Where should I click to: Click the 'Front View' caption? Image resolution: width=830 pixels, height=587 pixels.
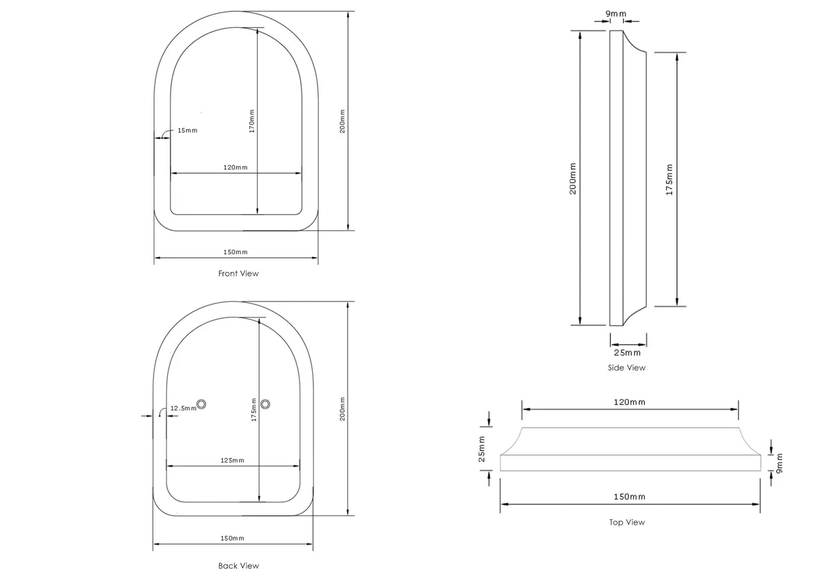(x=238, y=273)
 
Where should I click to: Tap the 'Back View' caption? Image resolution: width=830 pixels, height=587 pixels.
(x=238, y=566)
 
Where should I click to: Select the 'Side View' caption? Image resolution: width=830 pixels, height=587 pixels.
(x=627, y=368)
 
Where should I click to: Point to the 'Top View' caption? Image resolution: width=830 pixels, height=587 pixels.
(x=627, y=522)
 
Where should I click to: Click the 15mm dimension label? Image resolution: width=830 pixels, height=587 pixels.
(x=187, y=130)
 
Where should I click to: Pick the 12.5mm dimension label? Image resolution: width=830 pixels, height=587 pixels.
(x=183, y=409)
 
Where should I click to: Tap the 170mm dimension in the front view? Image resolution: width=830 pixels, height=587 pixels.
(x=252, y=121)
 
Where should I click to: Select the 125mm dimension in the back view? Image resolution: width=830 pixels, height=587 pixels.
(x=232, y=460)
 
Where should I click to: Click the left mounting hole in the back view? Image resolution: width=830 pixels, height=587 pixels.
(x=202, y=404)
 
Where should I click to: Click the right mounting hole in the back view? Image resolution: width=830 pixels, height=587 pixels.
(x=266, y=404)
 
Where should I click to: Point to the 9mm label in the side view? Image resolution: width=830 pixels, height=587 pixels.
(x=615, y=14)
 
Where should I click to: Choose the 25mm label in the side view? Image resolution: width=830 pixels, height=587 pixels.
(x=627, y=353)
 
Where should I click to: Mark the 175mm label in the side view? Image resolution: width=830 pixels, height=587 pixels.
(x=669, y=180)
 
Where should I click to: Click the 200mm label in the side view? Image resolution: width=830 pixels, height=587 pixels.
(x=573, y=178)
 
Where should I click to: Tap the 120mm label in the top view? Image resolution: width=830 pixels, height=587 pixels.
(x=629, y=402)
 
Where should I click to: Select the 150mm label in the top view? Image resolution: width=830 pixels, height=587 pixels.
(x=629, y=496)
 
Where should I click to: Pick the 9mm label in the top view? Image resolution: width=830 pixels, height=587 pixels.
(x=780, y=462)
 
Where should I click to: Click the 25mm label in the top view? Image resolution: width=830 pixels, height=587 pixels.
(x=481, y=449)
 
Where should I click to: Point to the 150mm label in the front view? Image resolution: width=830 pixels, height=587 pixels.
(x=235, y=252)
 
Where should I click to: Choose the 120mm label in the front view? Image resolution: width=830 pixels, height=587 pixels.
(x=235, y=167)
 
